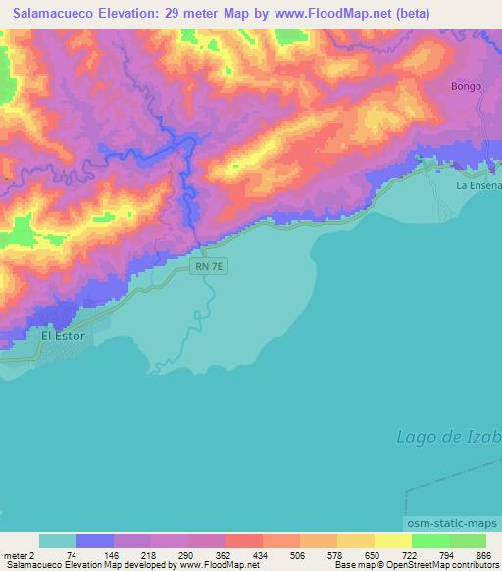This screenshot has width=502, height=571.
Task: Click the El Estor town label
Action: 63,336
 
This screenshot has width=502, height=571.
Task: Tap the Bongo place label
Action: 466,86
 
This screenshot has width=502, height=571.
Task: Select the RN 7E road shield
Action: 210,267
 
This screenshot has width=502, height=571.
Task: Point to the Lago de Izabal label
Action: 449,437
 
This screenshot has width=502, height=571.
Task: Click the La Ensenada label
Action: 479,184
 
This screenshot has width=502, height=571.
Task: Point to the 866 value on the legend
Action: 480,555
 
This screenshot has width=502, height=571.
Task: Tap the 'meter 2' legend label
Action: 19,555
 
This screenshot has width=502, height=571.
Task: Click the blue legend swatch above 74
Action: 95,541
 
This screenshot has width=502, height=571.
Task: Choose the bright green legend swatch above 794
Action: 430,541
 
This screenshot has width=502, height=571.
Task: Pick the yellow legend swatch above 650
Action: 356,541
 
